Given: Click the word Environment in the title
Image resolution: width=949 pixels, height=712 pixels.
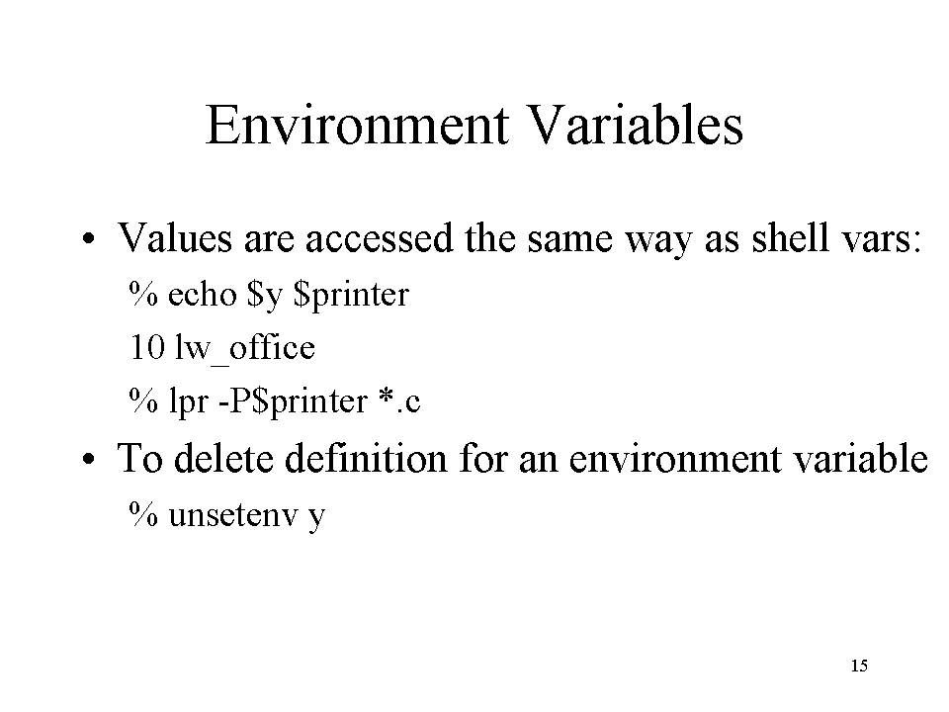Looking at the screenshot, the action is tap(357, 125).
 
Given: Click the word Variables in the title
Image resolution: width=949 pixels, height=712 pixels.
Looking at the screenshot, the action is tap(636, 125).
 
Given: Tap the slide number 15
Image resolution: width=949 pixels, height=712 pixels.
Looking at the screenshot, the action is tap(859, 666).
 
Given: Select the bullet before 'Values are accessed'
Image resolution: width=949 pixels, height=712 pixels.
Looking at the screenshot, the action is tap(89, 238).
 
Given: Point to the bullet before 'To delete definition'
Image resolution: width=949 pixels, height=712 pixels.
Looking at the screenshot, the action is tap(89, 459).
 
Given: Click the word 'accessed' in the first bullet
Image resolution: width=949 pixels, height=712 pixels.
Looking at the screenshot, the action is tap(379, 238).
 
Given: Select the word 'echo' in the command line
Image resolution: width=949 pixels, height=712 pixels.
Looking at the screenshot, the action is tap(202, 295).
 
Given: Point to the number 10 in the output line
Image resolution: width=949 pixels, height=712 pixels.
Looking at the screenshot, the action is tap(147, 347).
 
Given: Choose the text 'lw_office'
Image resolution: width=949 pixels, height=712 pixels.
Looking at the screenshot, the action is tap(245, 349).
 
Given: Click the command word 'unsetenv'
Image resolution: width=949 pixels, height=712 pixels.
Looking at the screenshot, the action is tap(233, 515).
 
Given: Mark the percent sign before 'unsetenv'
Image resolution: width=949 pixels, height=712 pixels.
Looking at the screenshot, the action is tap(143, 514).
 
